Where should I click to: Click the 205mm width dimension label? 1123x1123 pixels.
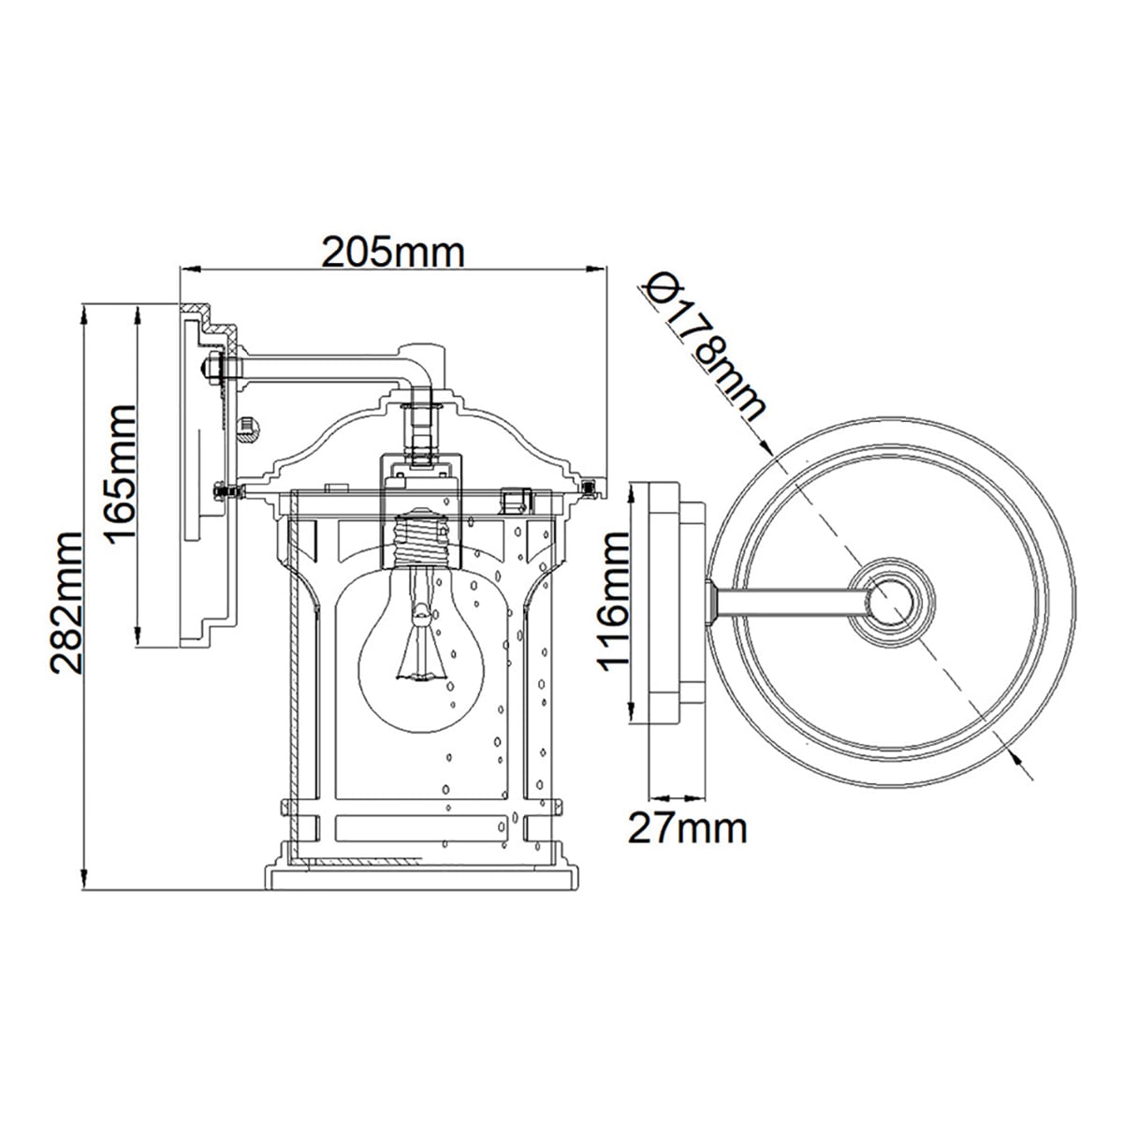click(393, 253)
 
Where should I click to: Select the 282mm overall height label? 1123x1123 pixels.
click(66, 603)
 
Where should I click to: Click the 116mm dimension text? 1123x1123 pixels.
click(613, 602)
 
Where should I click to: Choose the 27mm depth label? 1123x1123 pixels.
click(687, 829)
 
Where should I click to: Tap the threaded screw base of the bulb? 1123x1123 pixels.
click(422, 538)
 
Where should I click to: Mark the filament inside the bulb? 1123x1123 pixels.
click(418, 640)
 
